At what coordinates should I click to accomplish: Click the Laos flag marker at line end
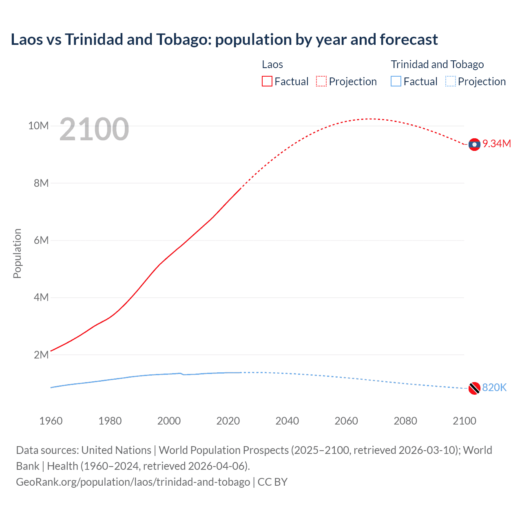[474, 144]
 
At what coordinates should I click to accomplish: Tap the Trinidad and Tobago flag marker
[474, 388]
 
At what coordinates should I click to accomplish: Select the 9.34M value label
[497, 144]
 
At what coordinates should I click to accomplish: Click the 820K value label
[494, 388]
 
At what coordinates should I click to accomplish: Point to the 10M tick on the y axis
[38, 126]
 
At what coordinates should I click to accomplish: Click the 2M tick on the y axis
[41, 355]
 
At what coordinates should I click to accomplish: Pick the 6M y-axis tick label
[41, 241]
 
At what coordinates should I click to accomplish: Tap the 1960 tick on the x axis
[51, 421]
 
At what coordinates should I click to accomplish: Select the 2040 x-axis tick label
[287, 421]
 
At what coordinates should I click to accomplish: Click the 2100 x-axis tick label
[464, 421]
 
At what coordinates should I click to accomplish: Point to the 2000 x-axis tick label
[169, 421]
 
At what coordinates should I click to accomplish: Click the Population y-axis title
[17, 253]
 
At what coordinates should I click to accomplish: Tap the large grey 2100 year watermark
[94, 130]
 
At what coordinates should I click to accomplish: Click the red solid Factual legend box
[267, 82]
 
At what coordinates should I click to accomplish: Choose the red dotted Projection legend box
[321, 82]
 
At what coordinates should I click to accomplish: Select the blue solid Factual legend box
[396, 82]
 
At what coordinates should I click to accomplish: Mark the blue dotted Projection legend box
[450, 82]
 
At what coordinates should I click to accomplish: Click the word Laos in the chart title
[27, 40]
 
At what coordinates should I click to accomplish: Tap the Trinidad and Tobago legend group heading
[437, 64]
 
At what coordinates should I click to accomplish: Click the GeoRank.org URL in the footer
[133, 482]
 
